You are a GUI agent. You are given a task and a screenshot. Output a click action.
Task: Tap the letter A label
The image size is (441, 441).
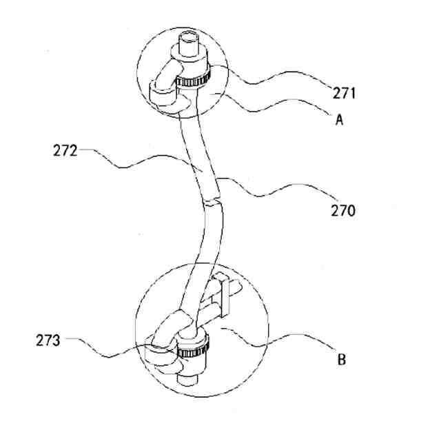339,119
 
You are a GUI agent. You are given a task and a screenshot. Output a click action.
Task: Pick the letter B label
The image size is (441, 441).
341,358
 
